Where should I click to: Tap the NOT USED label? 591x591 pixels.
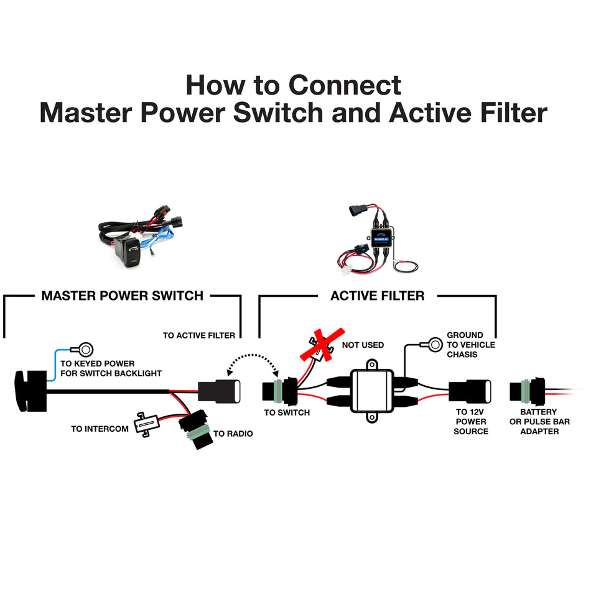363,345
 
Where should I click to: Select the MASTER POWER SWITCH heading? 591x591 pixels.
123,295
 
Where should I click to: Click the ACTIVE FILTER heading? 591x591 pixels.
377,295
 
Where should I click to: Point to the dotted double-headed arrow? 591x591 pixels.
252,364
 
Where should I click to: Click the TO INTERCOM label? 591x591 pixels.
100,429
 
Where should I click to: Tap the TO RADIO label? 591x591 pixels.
233,433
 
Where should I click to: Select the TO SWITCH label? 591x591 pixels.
287,412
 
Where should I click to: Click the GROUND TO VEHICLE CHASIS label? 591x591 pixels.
471,345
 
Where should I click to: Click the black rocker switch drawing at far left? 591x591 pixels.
30,390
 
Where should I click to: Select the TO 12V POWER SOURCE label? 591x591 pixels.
471,422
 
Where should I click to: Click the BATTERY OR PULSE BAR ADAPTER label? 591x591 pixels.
539,422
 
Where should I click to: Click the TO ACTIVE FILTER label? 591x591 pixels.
199,335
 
